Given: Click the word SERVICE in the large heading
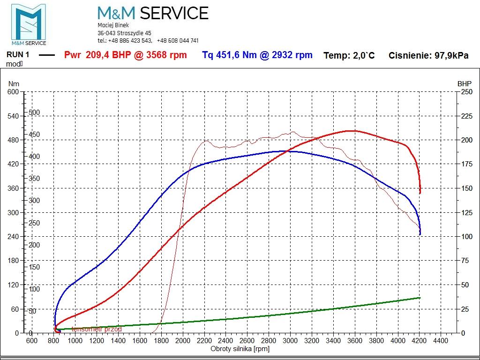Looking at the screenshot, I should click(174, 13).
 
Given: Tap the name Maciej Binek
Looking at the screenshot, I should click(113, 25).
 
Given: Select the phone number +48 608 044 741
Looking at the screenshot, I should click(178, 41).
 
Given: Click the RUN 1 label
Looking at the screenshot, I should click(18, 54).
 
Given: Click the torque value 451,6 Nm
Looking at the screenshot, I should click(230, 55).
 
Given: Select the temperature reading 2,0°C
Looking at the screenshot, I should click(362, 55).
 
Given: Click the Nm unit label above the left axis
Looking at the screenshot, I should click(13, 83).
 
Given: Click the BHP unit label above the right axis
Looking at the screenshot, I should click(464, 83).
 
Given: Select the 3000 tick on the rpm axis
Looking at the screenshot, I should click(290, 341).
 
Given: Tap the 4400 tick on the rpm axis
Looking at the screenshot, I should click(441, 341).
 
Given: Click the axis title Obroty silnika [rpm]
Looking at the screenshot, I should click(240, 348).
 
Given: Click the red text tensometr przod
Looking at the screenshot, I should click(97, 329).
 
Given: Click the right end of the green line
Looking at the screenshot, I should click(420, 298).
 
